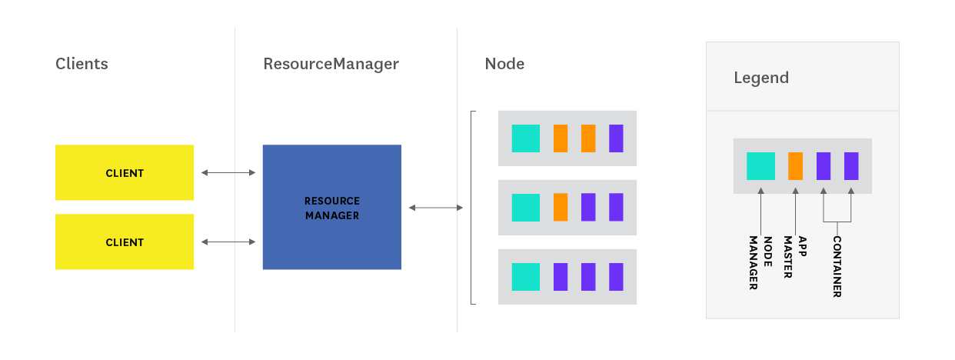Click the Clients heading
click(x=82, y=64)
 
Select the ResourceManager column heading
click(x=331, y=64)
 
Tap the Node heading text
click(x=504, y=64)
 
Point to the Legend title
click(x=761, y=78)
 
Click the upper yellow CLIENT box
click(x=125, y=173)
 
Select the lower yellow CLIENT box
click(x=125, y=242)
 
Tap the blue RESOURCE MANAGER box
click(x=332, y=208)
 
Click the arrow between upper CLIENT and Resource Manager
click(x=228, y=173)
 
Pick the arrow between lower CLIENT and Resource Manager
click(x=228, y=242)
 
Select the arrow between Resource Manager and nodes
click(x=436, y=208)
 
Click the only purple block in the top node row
click(x=616, y=138)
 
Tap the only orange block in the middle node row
click(x=561, y=208)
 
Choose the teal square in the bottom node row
click(x=526, y=277)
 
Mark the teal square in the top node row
click(x=526, y=138)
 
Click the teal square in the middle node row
click(x=526, y=208)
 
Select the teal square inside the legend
click(x=760, y=166)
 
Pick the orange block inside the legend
click(x=795, y=166)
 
